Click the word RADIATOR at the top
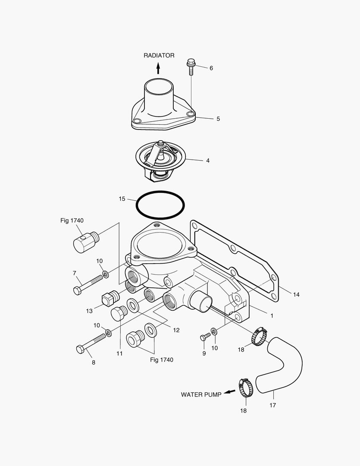(159, 55)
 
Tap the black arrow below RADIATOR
(158, 67)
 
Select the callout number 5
(218, 119)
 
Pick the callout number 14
(296, 295)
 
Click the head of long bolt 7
(77, 290)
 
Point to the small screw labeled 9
(203, 337)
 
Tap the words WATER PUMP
(201, 394)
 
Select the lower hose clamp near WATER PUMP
(246, 387)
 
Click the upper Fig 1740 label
(72, 220)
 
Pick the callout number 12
(176, 330)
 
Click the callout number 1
(272, 316)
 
